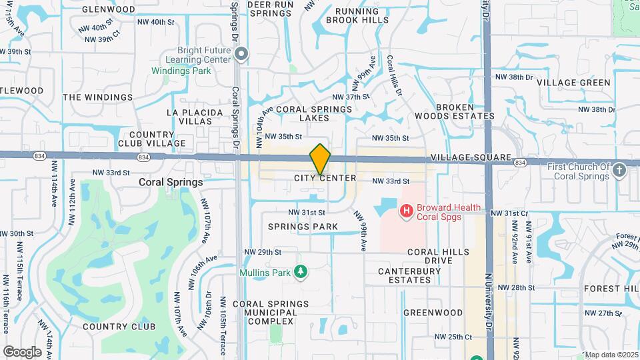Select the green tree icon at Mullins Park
[x=301, y=272]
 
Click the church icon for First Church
[x=619, y=170]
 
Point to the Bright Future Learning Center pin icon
[x=241, y=55]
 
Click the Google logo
[x=22, y=351]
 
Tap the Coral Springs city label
[x=171, y=182]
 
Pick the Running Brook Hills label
[x=361, y=15]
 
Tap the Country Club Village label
[x=152, y=138]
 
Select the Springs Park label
[x=303, y=227]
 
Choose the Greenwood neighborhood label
[x=433, y=312]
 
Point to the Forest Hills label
[x=611, y=289]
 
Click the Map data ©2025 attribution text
[x=611, y=355]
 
